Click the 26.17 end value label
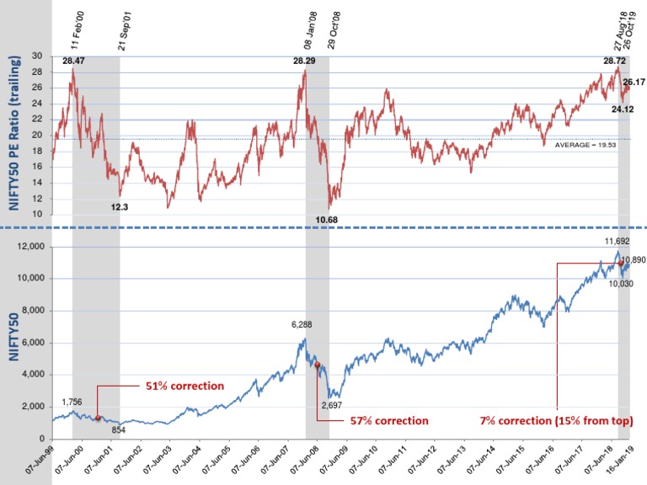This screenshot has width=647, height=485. (633, 83)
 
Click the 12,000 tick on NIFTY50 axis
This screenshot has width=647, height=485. (33, 247)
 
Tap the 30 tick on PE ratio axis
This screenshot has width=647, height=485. (36, 56)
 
